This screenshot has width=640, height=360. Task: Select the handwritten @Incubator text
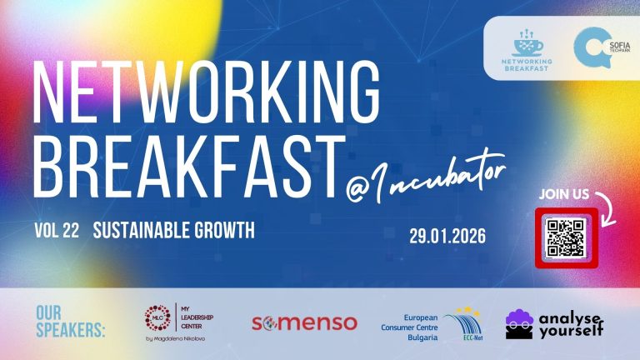[x=427, y=177]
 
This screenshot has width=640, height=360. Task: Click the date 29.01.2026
[x=447, y=235]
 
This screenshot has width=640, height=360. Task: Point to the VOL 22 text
[x=57, y=230]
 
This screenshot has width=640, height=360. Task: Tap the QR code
[x=563, y=237]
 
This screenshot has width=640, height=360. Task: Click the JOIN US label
[x=564, y=194]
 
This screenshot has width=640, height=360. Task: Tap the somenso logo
[x=304, y=322]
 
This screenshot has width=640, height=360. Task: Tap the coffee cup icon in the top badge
[x=527, y=42]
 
